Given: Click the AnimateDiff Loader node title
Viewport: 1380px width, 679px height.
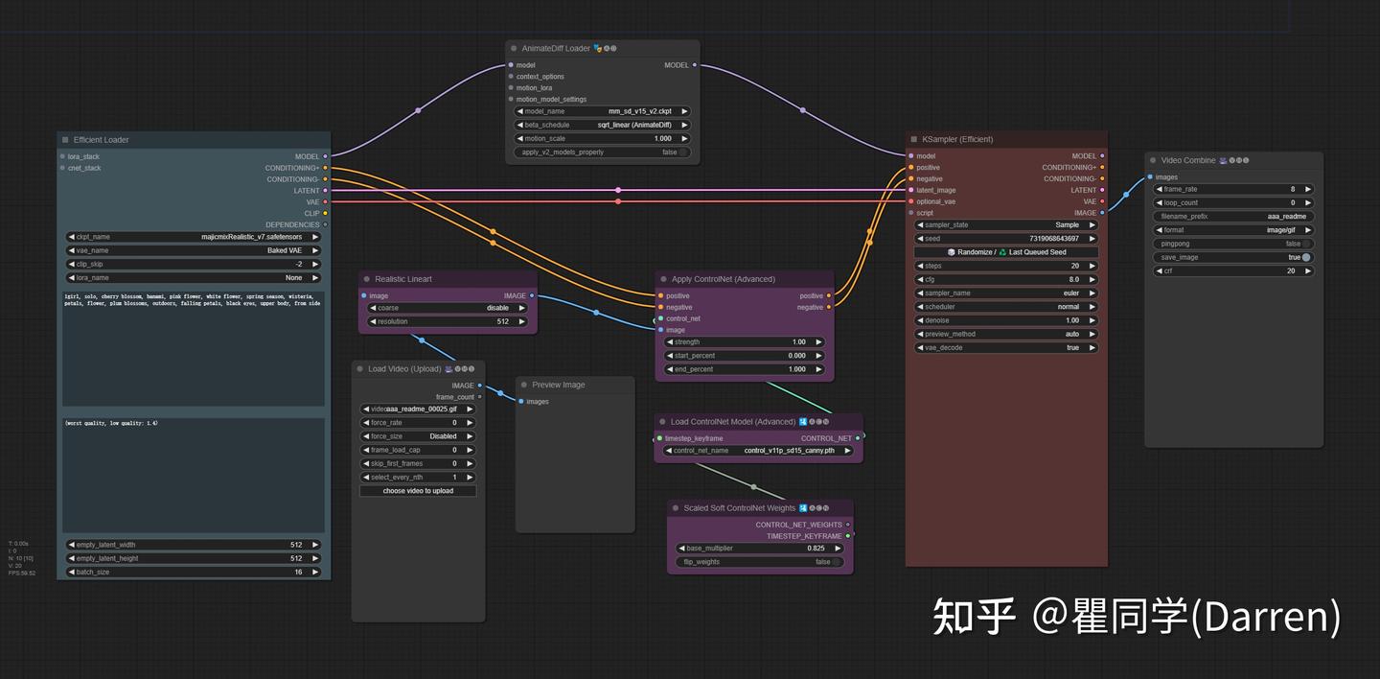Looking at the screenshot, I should pyautogui.click(x=556, y=48).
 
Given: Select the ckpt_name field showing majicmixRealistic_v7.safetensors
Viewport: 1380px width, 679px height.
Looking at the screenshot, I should pyautogui.click(x=194, y=237).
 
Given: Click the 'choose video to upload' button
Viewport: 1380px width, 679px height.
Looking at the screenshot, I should pyautogui.click(x=418, y=491).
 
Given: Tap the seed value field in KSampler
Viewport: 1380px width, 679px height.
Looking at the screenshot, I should pyautogui.click(x=1006, y=239).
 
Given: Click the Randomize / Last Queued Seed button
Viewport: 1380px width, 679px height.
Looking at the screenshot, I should pyautogui.click(x=1006, y=252).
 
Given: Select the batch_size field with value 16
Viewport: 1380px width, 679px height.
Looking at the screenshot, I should pyautogui.click(x=194, y=572).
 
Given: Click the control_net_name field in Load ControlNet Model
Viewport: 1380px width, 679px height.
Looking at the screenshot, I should pyautogui.click(x=758, y=451).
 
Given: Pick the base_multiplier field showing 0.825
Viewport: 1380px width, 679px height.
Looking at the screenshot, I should pyautogui.click(x=760, y=549).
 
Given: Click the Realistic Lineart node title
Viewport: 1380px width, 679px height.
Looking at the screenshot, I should pyautogui.click(x=403, y=279).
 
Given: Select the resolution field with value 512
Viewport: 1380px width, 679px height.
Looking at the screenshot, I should pyautogui.click(x=448, y=322).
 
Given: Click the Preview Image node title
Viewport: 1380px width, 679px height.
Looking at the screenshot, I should pyautogui.click(x=559, y=385).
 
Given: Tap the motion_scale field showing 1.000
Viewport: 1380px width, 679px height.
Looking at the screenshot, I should pyautogui.click(x=603, y=138).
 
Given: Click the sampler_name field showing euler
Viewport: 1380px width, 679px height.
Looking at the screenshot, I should pyautogui.click(x=1006, y=293).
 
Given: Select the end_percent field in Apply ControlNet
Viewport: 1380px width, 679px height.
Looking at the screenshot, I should pyautogui.click(x=744, y=369).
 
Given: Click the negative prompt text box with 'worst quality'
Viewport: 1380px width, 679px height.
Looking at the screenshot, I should pyautogui.click(x=194, y=475).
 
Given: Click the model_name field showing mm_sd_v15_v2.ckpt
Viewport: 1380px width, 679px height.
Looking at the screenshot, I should pyautogui.click(x=603, y=111).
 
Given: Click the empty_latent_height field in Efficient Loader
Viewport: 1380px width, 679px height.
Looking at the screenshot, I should pyautogui.click(x=194, y=558).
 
